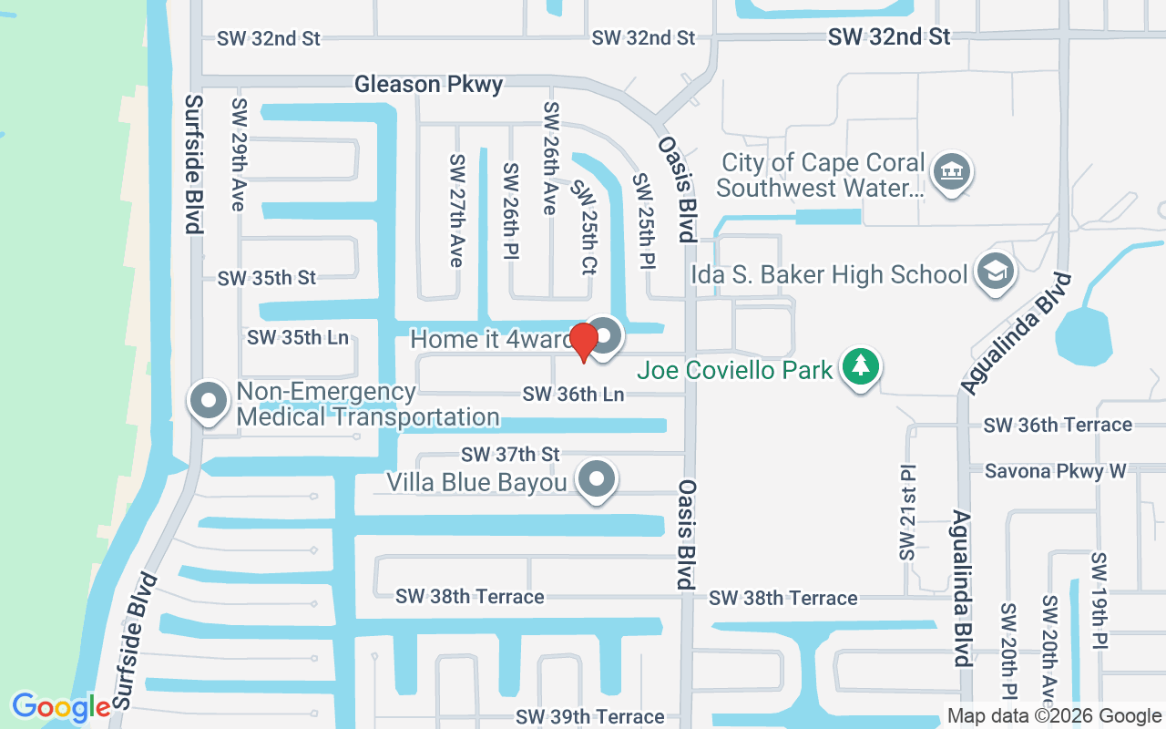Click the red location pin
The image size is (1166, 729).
click(584, 341)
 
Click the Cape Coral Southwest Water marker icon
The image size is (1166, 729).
click(952, 172)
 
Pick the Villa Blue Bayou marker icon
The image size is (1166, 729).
click(598, 478)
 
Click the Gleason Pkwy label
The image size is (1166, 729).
click(428, 85)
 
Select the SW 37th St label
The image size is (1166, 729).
click(510, 454)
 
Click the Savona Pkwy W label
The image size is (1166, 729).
click(1056, 471)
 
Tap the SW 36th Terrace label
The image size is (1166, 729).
click(1058, 425)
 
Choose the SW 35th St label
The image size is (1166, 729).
click(266, 278)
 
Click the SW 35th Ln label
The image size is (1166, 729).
click(298, 337)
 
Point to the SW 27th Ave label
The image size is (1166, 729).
click(456, 210)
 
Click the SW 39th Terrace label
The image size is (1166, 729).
click(589, 717)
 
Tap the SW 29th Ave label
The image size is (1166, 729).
click(240, 155)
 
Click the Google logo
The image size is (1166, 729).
click(61, 707)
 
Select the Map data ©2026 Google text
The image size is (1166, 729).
click(1054, 716)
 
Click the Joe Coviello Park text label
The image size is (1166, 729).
click(735, 370)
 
